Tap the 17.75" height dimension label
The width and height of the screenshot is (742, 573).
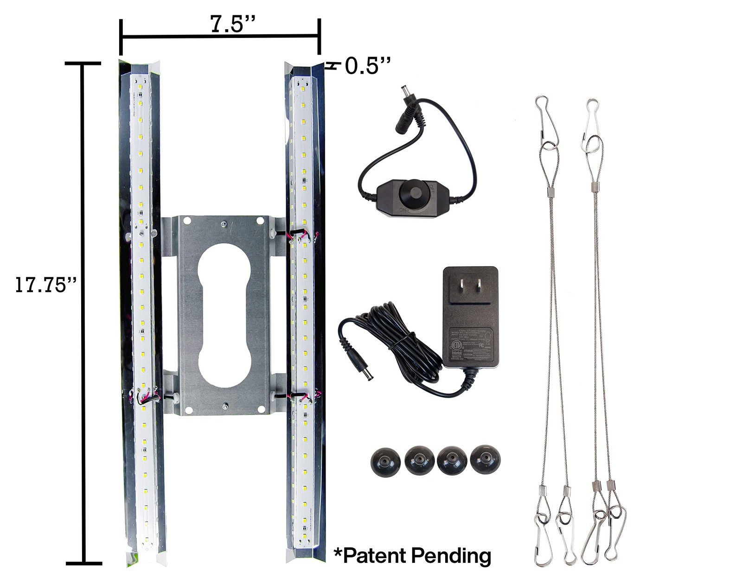click(45, 284)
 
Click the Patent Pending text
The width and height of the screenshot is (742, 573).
click(412, 554)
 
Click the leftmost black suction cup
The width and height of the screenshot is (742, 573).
click(383, 461)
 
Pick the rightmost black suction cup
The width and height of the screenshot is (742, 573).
click(485, 460)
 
